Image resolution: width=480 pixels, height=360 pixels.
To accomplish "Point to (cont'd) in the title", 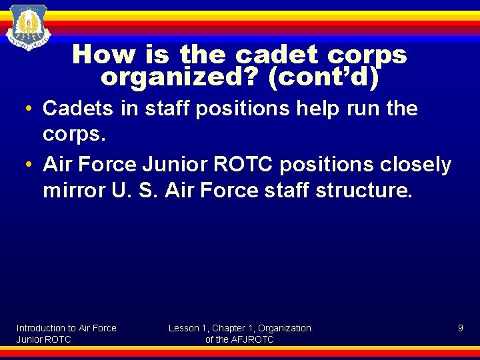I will pyautogui.click(x=323, y=77).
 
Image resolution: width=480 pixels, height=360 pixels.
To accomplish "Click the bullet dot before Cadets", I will pyautogui.click(x=31, y=109).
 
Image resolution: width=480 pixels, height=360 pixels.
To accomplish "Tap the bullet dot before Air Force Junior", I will pyautogui.click(x=31, y=165).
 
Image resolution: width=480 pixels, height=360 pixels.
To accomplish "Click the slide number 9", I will pyautogui.click(x=460, y=328).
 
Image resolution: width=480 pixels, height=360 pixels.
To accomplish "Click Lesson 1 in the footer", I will pyautogui.click(x=188, y=328).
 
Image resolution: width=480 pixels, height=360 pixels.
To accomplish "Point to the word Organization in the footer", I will pyautogui.click(x=285, y=328).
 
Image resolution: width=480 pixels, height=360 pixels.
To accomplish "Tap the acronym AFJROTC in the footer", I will pyautogui.click(x=253, y=339).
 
